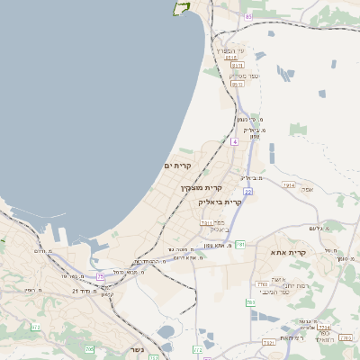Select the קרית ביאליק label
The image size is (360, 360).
pyautogui.click(x=220, y=202)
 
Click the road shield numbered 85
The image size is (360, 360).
pyautogui.click(x=248, y=16)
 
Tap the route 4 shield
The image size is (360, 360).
pyautogui.click(x=235, y=141)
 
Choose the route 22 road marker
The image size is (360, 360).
pyautogui.click(x=246, y=191)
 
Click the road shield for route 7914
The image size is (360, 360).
pyautogui.click(x=288, y=184)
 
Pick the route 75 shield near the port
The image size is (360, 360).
pyautogui.click(x=101, y=274)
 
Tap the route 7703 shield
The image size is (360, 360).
pyautogui.click(x=262, y=283)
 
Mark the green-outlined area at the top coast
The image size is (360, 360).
pyautogui.click(x=182, y=8)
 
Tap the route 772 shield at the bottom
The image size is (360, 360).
pyautogui.click(x=197, y=347)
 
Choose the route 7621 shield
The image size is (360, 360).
pyautogui.click(x=268, y=343)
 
